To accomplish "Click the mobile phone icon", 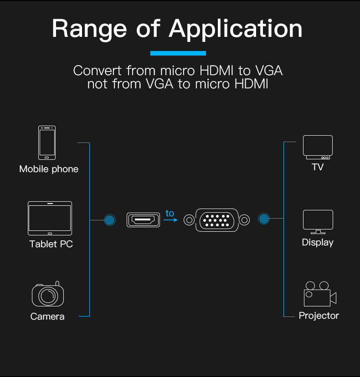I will [x=47, y=143].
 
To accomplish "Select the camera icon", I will [x=47, y=295].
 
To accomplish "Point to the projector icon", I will [x=319, y=294].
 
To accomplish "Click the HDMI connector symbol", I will [x=144, y=220].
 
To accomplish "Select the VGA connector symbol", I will [x=216, y=220].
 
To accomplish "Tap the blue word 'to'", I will [x=170, y=213].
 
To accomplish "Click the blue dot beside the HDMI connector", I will [x=109, y=220].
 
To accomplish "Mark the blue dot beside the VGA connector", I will [x=263, y=219].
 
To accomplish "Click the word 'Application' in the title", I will [x=236, y=29].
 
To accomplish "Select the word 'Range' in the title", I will [x=90, y=29].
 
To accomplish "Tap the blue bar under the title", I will [x=178, y=53].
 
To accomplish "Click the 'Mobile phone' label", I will [x=49, y=169].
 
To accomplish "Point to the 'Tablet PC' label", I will [x=51, y=244].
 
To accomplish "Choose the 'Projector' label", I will [x=319, y=316].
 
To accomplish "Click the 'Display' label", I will [x=318, y=242].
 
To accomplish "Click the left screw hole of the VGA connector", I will [x=188, y=220].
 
